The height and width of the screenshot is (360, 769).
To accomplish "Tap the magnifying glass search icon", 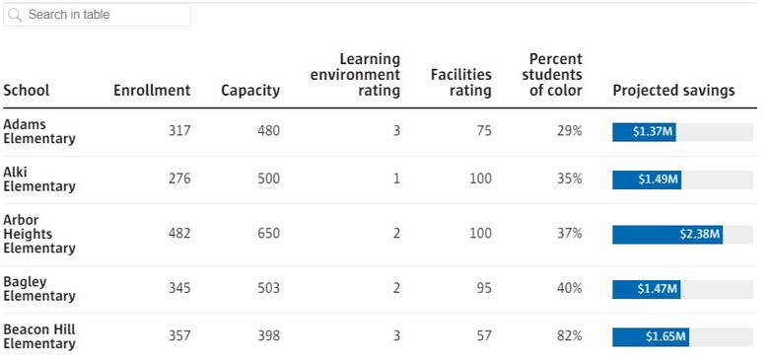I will (x=16, y=15).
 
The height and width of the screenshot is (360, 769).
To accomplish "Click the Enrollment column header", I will (x=152, y=91).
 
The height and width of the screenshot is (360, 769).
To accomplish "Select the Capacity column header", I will (x=250, y=91).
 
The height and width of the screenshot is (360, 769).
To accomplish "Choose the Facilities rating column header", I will (x=460, y=83).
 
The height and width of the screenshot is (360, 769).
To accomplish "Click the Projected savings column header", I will (x=673, y=91).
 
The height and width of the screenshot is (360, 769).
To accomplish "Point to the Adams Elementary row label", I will (x=39, y=131).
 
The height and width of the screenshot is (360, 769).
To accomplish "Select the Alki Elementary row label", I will (x=39, y=179).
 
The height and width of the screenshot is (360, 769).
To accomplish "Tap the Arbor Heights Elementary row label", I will (x=39, y=234).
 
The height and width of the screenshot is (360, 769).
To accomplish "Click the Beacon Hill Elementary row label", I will (x=39, y=336).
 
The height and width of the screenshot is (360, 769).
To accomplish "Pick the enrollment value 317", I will (x=179, y=131).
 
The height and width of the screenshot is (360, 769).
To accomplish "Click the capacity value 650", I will (x=268, y=234).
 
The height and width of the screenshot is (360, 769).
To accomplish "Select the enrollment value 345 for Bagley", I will (x=179, y=289).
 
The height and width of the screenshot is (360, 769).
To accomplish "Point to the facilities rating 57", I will (x=483, y=336).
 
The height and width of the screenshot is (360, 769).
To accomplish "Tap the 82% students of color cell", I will (x=569, y=336).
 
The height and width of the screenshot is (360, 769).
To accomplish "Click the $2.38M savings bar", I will (x=667, y=235).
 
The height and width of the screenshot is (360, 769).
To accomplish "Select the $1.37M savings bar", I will (x=644, y=132).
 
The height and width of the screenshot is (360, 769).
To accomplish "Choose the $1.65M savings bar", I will (x=650, y=337).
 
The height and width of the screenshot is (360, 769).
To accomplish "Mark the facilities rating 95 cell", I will (x=483, y=289).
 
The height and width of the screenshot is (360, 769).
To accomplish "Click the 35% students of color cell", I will (x=569, y=179).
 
